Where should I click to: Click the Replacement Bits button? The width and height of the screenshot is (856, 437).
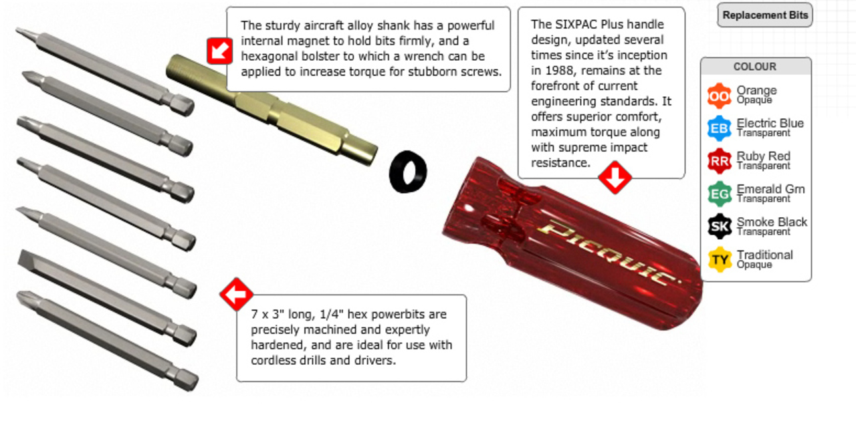pyautogui.click(x=764, y=15)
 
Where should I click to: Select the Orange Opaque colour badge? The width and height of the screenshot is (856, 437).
pyautogui.click(x=719, y=96)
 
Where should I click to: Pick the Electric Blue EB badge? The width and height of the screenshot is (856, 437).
pyautogui.click(x=719, y=128)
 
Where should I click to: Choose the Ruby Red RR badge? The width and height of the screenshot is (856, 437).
pyautogui.click(x=719, y=161)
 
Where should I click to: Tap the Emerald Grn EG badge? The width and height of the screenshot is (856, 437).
pyautogui.click(x=719, y=194)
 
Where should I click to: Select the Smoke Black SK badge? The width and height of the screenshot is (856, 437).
pyautogui.click(x=719, y=227)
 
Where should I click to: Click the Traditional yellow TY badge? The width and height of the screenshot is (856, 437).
pyautogui.click(x=719, y=260)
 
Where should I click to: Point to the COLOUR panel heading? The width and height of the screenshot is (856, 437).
pyautogui.click(x=755, y=66)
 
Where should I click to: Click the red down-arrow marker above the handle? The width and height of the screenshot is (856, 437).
pyautogui.click(x=615, y=178)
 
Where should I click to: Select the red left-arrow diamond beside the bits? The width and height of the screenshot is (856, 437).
pyautogui.click(x=236, y=294)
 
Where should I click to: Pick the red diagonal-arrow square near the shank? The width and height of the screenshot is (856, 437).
pyautogui.click(x=220, y=51)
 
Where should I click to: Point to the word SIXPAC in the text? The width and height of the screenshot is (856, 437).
pyautogui.click(x=574, y=25)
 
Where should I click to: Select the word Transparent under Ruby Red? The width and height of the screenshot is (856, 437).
pyautogui.click(x=763, y=166)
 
